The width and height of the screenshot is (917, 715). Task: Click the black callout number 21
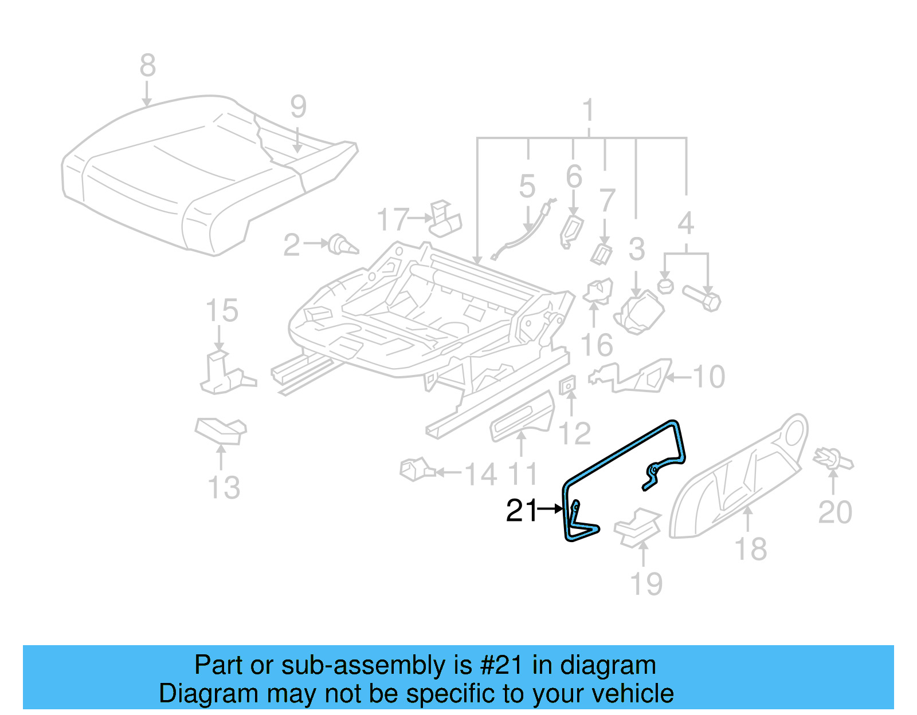[x=522, y=510]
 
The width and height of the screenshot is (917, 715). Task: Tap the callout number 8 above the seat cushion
[x=147, y=66]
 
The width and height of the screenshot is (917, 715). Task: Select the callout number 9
[x=298, y=107]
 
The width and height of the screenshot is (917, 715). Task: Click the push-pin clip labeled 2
[x=343, y=245]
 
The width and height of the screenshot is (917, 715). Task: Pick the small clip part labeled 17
[x=445, y=220]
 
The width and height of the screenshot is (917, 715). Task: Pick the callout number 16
[x=596, y=346]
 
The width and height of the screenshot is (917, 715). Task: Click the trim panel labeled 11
[x=522, y=417]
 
